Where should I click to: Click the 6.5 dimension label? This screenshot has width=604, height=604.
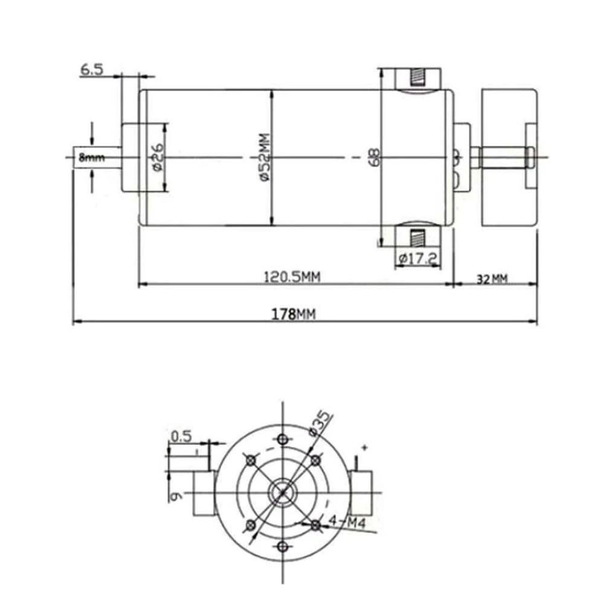tap(92, 69)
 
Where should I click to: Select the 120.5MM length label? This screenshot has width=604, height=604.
tap(292, 277)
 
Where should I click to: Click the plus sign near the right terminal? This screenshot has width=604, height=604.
tap(364, 448)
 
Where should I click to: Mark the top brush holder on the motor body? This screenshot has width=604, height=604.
tap(417, 79)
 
